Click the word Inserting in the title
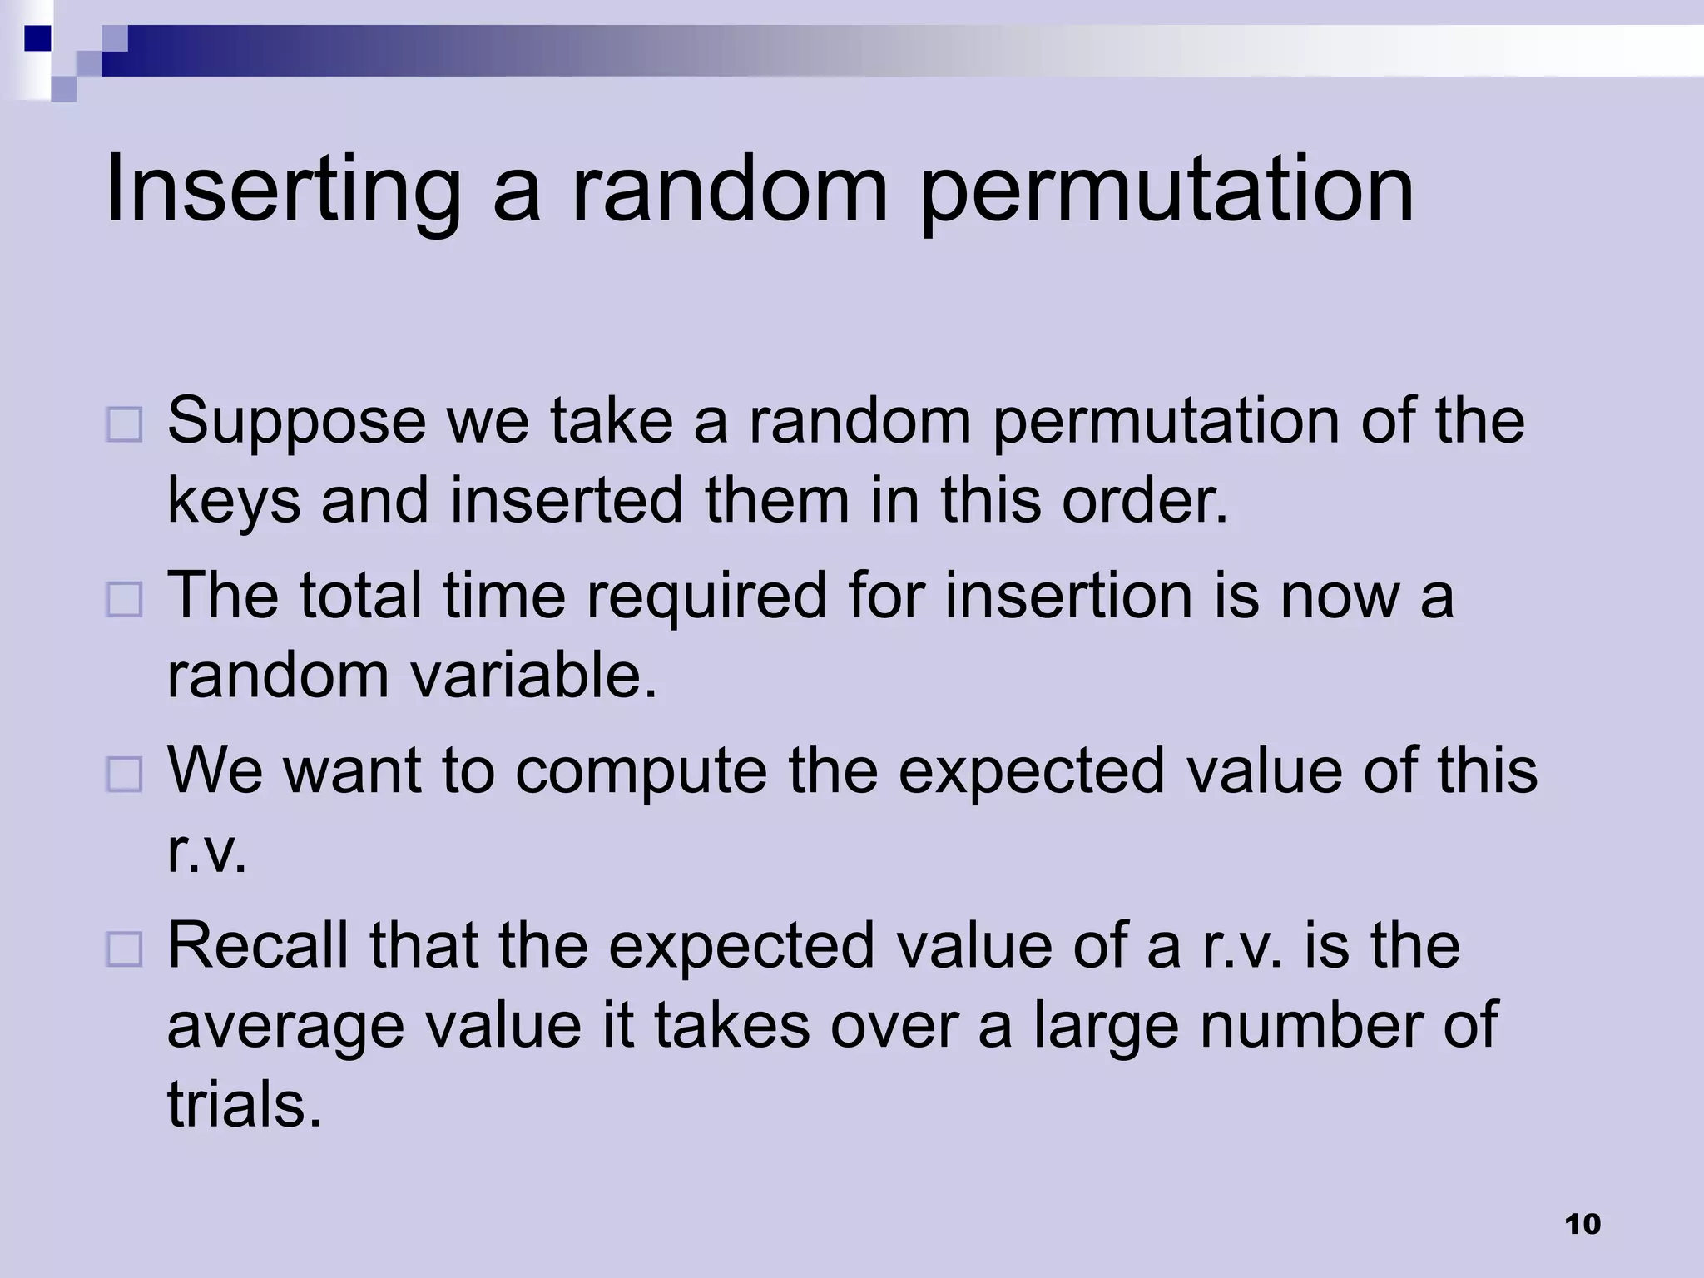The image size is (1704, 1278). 283,190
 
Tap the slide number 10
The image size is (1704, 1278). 1583,1224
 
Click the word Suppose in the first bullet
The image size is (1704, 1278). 296,423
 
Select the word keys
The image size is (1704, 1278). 234,501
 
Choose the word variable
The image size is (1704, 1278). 532,675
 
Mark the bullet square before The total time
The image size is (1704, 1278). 125,599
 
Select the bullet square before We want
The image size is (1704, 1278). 125,774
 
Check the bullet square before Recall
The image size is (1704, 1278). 125,949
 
